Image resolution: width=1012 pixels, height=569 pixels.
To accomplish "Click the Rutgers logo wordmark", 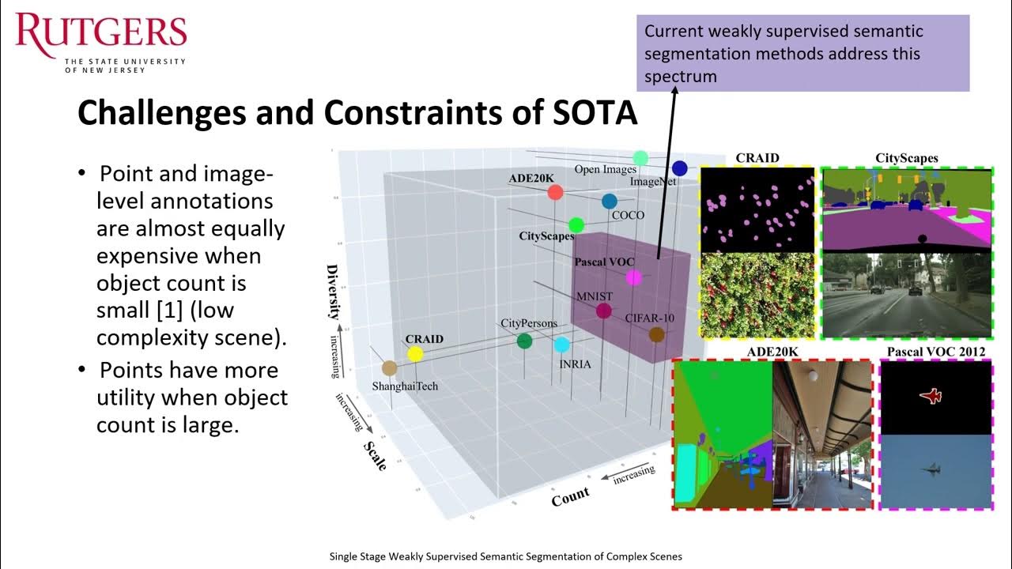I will (100, 32).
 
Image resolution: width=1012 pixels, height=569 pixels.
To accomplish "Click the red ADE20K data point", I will (555, 192).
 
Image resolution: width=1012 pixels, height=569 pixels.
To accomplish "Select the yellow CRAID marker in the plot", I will (414, 354).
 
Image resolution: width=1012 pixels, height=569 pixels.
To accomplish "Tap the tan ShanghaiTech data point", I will (389, 368).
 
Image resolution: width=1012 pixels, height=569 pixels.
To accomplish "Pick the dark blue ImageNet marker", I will (679, 168).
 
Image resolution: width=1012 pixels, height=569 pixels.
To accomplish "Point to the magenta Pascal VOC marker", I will (633, 277).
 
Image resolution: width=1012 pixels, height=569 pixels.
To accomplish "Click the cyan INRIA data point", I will (561, 345).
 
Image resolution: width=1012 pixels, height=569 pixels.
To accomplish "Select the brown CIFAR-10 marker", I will (656, 335).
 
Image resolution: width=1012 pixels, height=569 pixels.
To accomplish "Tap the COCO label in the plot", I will (628, 215).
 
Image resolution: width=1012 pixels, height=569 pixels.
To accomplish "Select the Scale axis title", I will (375, 456).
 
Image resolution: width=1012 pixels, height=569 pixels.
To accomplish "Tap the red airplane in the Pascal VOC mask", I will (932, 396).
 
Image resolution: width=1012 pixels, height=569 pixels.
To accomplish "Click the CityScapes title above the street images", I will (906, 158).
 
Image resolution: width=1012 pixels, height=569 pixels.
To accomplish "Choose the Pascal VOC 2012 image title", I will (935, 352).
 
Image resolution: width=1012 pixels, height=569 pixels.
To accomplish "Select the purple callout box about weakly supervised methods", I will (802, 53).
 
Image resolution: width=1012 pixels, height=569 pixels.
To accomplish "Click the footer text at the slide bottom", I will (505, 556).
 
